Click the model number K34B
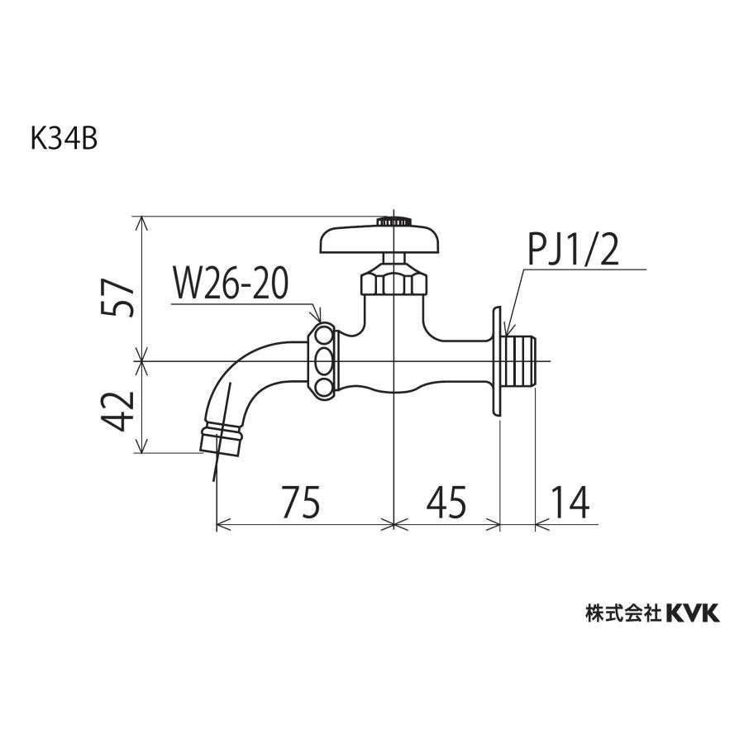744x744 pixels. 64,138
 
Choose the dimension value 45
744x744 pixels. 446,501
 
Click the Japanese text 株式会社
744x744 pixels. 622,613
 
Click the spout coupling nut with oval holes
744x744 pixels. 323,360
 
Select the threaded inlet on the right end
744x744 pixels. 521,361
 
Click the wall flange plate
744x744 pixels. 496,361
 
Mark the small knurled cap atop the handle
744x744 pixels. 393,222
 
